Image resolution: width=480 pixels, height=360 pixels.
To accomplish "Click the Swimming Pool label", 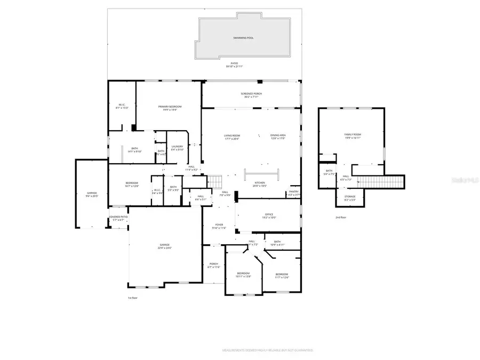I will pyautogui.click(x=243, y=38).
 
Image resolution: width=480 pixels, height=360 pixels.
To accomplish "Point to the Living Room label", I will pyautogui.click(x=231, y=137).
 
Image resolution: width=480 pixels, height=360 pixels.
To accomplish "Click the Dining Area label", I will pyautogui.click(x=278, y=137).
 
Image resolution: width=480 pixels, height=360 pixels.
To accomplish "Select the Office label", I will pyautogui.click(x=269, y=215).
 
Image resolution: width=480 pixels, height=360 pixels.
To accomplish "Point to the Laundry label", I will pyautogui.click(x=177, y=148).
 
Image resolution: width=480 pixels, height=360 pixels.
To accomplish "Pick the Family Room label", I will pyautogui.click(x=352, y=135).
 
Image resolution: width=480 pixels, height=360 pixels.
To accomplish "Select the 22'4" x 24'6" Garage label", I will pyautogui.click(x=164, y=246).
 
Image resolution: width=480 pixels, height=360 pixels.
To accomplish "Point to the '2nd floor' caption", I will pyautogui.click(x=340, y=218).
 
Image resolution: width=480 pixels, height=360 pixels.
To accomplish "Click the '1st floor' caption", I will pyautogui.click(x=133, y=298).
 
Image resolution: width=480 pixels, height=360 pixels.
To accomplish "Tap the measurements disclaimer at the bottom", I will pyautogui.click(x=267, y=350).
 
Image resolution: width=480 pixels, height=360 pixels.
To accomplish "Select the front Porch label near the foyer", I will pyautogui.click(x=213, y=265).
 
